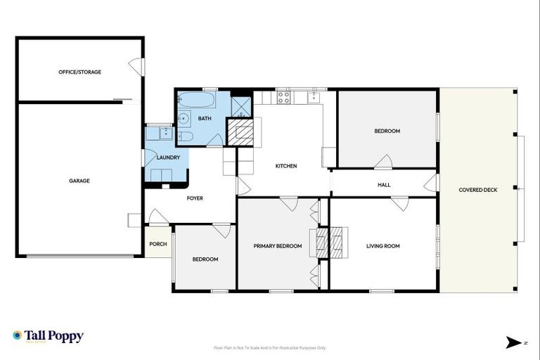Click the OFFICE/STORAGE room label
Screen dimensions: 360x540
(79, 72)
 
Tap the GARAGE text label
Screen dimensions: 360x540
(79, 181)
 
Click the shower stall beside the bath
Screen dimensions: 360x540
(241, 105)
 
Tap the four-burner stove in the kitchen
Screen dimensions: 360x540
(284, 98)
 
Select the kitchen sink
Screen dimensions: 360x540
(314, 96)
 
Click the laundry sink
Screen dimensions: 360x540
(167, 131)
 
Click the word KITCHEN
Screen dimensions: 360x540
(285, 166)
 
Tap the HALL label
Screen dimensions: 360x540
(384, 185)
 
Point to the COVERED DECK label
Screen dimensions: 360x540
(477, 190)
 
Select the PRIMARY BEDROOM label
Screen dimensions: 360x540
(277, 246)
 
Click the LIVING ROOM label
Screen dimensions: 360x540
(382, 246)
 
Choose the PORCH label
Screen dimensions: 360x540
(158, 245)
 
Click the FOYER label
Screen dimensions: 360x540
(195, 198)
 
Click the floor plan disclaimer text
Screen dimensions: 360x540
(269, 347)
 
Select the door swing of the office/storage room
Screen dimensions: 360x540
(135, 68)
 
